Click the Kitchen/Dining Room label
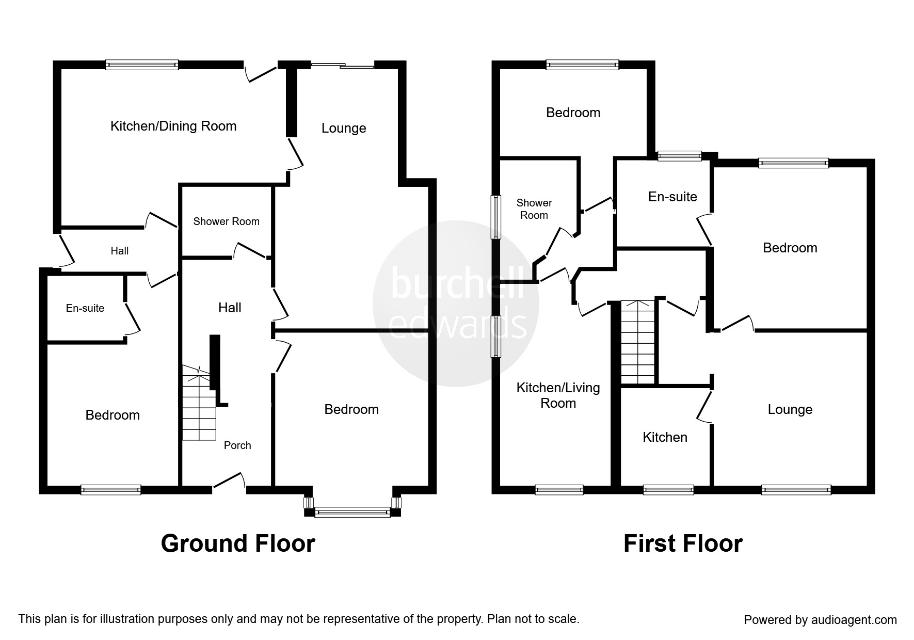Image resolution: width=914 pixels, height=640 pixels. click(x=173, y=126)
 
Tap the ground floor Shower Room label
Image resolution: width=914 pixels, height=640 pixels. click(x=226, y=221)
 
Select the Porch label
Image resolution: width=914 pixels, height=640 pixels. click(x=237, y=445)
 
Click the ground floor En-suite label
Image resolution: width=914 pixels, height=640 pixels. click(x=85, y=308)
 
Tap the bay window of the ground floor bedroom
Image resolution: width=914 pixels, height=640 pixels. click(x=352, y=512)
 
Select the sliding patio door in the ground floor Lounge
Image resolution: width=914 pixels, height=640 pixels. click(x=343, y=66)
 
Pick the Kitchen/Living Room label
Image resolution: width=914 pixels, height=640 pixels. click(x=558, y=395)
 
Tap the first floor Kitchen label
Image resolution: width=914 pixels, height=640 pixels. click(x=665, y=437)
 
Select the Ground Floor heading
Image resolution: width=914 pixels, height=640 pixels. click(x=238, y=543)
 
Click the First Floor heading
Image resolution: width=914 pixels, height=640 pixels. click(x=683, y=543)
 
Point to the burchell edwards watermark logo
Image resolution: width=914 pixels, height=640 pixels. click(x=456, y=303)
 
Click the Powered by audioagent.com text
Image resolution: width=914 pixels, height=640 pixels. click(x=820, y=620)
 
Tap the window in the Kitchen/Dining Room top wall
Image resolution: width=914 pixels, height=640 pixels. click(x=142, y=65)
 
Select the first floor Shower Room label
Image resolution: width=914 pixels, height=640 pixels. click(x=534, y=209)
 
